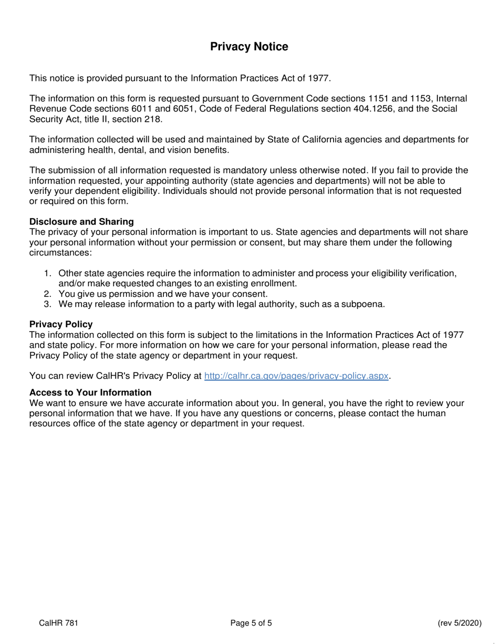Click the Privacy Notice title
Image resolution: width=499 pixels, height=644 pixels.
pyautogui.click(x=249, y=47)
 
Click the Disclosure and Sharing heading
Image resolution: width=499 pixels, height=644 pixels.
pyautogui.click(x=81, y=222)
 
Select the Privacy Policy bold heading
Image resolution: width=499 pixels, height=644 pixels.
pyautogui.click(x=61, y=324)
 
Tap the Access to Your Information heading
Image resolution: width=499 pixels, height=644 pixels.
pyautogui.click(x=90, y=392)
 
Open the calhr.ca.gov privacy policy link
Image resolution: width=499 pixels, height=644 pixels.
pyautogui.click(x=296, y=376)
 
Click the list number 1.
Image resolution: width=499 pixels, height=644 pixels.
pyautogui.click(x=47, y=273)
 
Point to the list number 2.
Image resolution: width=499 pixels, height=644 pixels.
pyautogui.click(x=47, y=294)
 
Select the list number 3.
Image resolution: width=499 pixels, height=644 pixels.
pyautogui.click(x=47, y=304)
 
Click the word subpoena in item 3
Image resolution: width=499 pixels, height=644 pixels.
pyautogui.click(x=363, y=304)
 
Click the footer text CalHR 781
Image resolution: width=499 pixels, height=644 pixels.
pyautogui.click(x=58, y=623)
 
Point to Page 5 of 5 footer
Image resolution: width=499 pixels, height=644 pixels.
pyautogui.click(x=251, y=623)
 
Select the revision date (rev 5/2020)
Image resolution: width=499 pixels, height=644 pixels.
pyautogui.click(x=460, y=623)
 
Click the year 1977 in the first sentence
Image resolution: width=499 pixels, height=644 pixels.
pyautogui.click(x=319, y=78)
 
